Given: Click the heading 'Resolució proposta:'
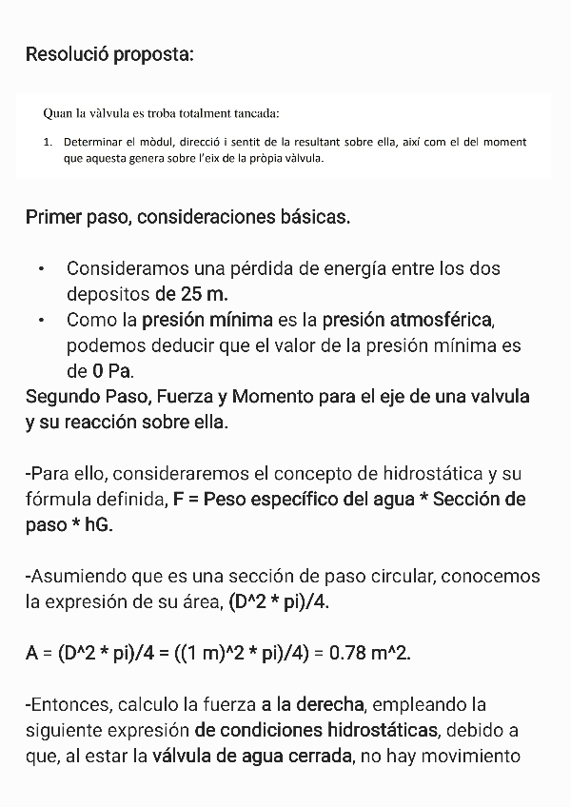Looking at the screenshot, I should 109,53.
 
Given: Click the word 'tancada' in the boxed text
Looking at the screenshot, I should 252,114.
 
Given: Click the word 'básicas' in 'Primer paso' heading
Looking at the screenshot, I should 309,217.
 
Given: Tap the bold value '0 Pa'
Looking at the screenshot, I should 110,370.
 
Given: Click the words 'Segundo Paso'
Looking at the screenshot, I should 83,396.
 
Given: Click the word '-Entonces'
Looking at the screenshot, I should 64,705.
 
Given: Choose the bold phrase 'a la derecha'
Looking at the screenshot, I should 312,705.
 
